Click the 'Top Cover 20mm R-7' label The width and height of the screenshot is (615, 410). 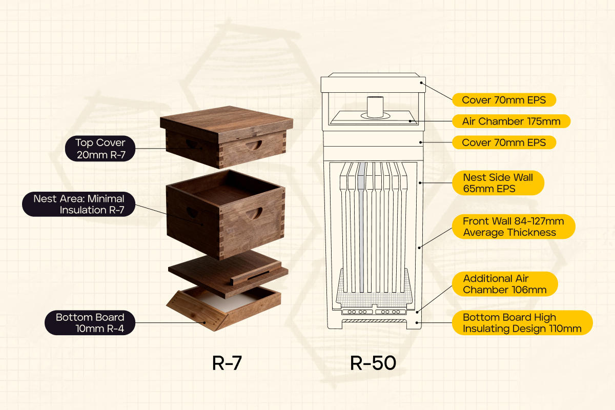pyautogui.click(x=100, y=148)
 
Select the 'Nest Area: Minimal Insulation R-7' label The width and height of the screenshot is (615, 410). pyautogui.click(x=79, y=204)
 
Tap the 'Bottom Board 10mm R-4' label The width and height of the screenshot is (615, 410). pyautogui.click(x=90, y=323)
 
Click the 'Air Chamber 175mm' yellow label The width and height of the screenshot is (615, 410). pyautogui.click(x=511, y=121)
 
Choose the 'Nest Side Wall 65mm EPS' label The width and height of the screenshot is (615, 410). pyautogui.click(x=498, y=183)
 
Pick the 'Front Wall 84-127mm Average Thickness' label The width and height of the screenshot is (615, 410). pyautogui.click(x=514, y=227)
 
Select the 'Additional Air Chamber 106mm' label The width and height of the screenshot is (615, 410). pyautogui.click(x=505, y=284)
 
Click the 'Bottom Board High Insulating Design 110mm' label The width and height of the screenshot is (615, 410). pyautogui.click(x=522, y=323)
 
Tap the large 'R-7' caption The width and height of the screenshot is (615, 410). pyautogui.click(x=227, y=363)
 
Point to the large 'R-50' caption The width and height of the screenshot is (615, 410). pyautogui.click(x=373, y=363)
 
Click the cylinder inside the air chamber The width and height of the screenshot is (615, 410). pyautogui.click(x=375, y=107)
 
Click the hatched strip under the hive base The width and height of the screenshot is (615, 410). pyautogui.click(x=375, y=321)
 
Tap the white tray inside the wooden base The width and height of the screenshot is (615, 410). pyautogui.click(x=228, y=301)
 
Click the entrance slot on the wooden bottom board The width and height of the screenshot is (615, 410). pyautogui.click(x=258, y=276)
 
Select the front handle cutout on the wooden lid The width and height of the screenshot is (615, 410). pyautogui.click(x=254, y=145)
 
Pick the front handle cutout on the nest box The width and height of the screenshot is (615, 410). pyautogui.click(x=254, y=214)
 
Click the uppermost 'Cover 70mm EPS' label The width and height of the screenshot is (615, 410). pyautogui.click(x=504, y=100)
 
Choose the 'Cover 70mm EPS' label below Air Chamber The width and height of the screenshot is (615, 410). pyautogui.click(x=504, y=142)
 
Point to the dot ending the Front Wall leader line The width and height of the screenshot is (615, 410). pyautogui.click(x=419, y=248)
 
